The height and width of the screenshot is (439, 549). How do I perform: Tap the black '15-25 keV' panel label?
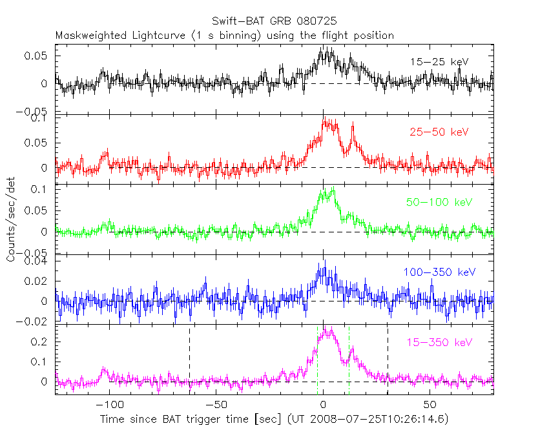tap(439, 62)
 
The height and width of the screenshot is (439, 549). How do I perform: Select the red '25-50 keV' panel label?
tap(439, 132)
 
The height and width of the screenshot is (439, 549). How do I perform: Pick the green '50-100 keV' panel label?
tap(439, 202)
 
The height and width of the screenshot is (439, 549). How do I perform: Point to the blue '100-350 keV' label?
tap(439, 272)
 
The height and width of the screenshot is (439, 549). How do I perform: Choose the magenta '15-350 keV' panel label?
tap(439, 342)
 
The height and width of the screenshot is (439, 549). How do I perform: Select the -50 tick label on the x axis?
tap(216, 405)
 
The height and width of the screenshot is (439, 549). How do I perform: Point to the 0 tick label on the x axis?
tap(322, 405)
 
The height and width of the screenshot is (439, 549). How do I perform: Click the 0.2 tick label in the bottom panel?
tap(41, 341)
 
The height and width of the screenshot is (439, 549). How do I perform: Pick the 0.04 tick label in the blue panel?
tap(38, 261)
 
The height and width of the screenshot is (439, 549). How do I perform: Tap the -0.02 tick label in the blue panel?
tap(36, 322)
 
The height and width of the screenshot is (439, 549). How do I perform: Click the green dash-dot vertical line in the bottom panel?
tap(349, 362)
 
